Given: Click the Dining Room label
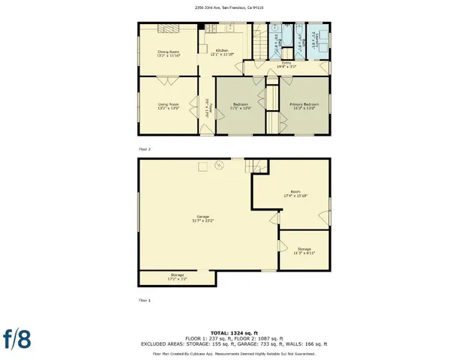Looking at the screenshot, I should pos(167,52).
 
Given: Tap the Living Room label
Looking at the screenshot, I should pos(167,106).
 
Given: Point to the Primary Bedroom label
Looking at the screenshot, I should pos(304,106).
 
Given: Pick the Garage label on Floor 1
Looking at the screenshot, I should pos(203,219).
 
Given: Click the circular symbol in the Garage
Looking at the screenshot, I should pos(220,164).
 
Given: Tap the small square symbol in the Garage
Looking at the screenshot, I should pos(202,166).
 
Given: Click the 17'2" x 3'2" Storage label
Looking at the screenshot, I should pos(177,277).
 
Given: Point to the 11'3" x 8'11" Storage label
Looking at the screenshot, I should pos(304,250).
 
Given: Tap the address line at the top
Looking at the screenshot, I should pos(232,7).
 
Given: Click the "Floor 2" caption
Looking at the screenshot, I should pos(145,149).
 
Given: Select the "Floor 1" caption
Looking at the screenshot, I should pos(145,299).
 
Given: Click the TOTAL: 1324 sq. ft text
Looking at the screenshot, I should pos(233,332).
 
